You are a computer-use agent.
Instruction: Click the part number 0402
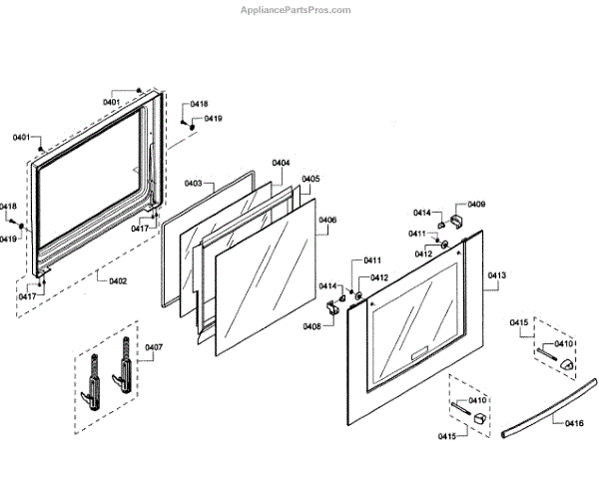(x=117, y=280)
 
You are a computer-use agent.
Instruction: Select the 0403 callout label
(x=194, y=183)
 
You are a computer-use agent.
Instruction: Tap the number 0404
(x=281, y=163)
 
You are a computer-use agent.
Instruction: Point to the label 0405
(x=310, y=179)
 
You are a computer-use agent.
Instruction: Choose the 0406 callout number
(x=327, y=220)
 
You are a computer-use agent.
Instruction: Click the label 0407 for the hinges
(x=154, y=347)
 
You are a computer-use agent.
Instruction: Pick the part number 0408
(x=312, y=326)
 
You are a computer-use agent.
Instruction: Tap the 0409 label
(x=476, y=204)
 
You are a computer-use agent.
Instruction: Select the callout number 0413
(x=497, y=274)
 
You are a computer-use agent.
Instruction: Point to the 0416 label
(x=574, y=424)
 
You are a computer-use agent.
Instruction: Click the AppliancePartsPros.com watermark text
(x=298, y=10)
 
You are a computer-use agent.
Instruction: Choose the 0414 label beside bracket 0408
(x=327, y=286)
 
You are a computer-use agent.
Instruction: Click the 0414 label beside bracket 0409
(x=422, y=213)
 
